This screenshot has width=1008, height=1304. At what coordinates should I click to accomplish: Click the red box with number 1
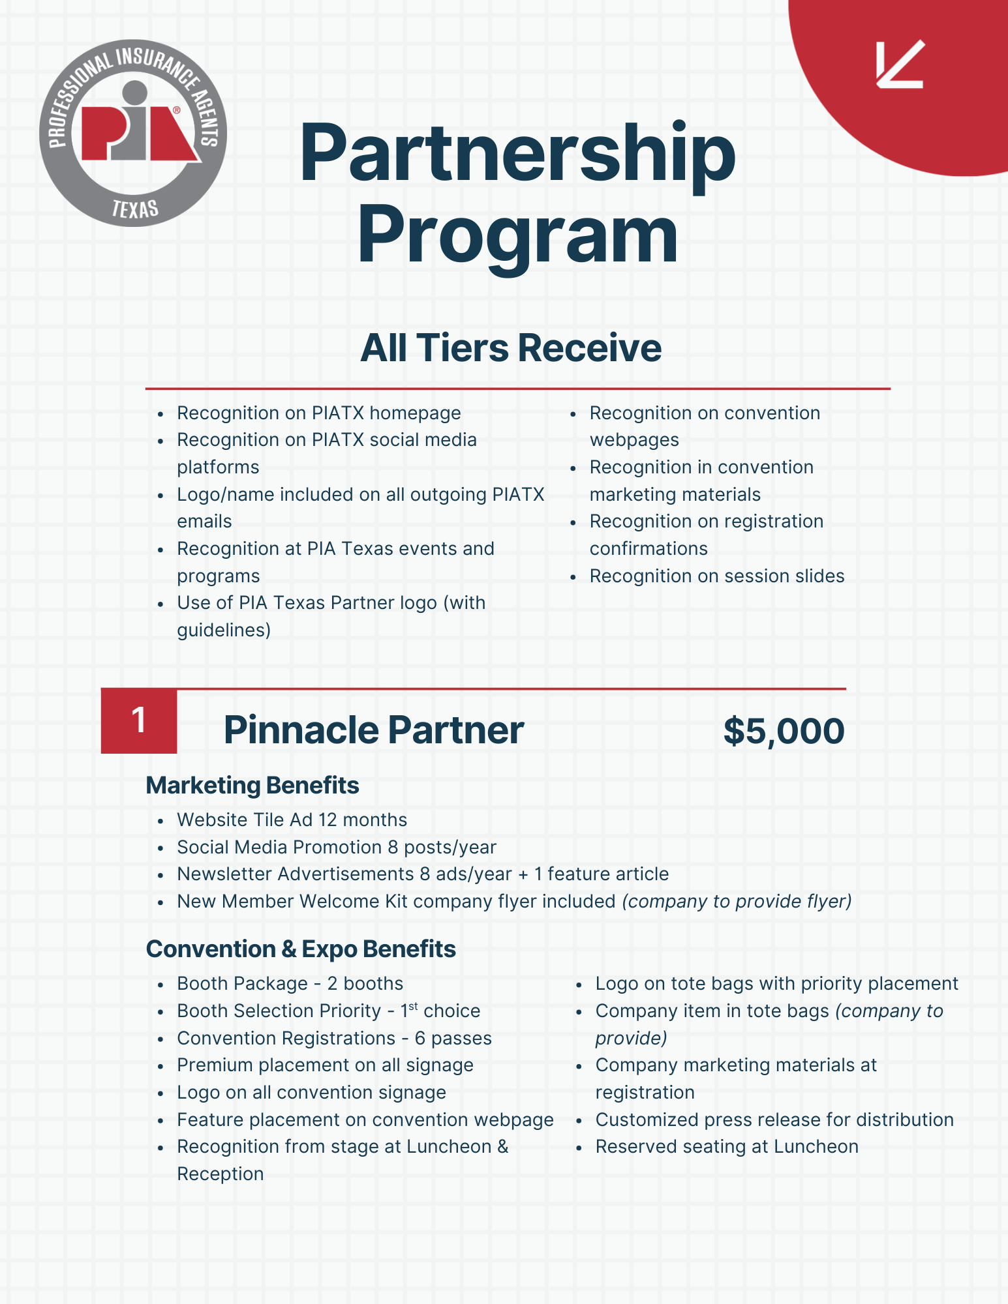[138, 721]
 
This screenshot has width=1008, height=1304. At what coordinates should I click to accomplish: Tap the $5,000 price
[784, 730]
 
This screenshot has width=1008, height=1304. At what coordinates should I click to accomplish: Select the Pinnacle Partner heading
[373, 730]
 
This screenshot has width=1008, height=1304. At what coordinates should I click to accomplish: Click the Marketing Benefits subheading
[252, 786]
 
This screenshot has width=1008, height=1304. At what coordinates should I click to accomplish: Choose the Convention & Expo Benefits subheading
[301, 949]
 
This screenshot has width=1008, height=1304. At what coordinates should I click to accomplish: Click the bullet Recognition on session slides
[716, 576]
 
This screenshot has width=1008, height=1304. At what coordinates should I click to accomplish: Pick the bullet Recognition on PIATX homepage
[318, 413]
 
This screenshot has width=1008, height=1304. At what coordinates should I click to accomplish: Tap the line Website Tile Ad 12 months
[292, 820]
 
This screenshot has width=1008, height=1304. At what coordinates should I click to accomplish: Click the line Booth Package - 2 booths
[290, 983]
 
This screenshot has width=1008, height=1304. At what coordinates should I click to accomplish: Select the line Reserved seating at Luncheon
[727, 1146]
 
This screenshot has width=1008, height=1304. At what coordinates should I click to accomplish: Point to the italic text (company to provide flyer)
[737, 901]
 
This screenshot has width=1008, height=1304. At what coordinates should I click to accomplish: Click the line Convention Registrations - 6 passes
[334, 1038]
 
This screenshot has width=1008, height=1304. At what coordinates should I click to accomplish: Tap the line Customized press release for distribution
[774, 1119]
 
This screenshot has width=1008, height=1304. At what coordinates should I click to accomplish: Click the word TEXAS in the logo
[135, 209]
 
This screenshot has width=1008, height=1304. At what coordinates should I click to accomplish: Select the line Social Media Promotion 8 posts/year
[337, 847]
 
